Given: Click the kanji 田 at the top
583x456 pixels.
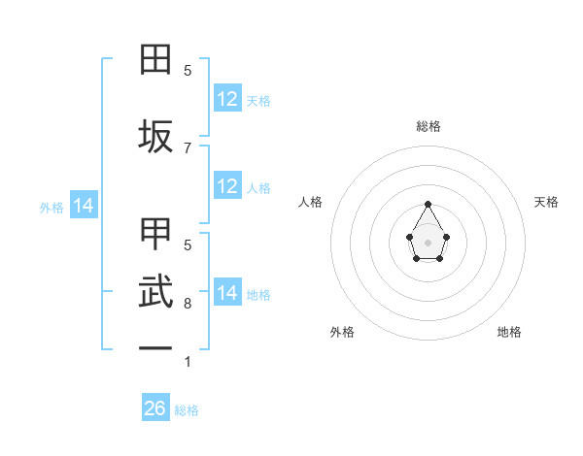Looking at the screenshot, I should click(x=155, y=60).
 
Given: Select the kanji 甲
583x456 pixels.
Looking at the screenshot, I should click(x=155, y=236).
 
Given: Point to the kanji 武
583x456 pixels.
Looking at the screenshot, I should click(x=155, y=293).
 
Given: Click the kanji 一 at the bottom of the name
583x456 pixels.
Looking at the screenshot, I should click(x=155, y=347).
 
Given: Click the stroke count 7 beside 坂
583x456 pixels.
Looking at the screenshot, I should click(x=188, y=147).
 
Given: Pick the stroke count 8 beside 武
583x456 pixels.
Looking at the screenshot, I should click(x=188, y=304).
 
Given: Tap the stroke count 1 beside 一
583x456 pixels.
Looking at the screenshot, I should click(x=188, y=362).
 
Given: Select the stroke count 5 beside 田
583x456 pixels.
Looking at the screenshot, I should click(x=188, y=71).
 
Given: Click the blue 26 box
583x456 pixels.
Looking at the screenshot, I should click(x=155, y=408).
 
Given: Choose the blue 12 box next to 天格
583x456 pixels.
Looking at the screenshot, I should click(x=227, y=99).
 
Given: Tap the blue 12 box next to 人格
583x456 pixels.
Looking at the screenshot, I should click(x=227, y=186).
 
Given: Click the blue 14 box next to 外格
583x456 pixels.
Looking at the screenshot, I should click(x=84, y=206).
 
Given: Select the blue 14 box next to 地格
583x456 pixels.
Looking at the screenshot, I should click(x=227, y=293).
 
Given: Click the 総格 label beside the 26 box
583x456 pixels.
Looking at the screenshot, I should click(x=187, y=410).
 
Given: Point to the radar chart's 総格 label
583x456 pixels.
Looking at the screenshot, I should click(x=428, y=127).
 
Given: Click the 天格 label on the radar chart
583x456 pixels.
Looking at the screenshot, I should click(x=546, y=202).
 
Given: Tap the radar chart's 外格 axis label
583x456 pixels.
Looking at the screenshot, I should click(x=342, y=332).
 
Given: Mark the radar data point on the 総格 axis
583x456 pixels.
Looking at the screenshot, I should click(x=428, y=205).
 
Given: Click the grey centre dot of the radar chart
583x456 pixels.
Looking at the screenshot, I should click(x=428, y=241).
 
